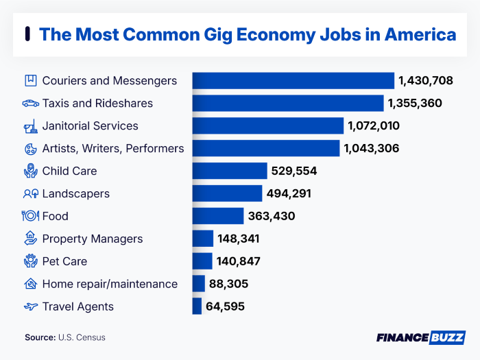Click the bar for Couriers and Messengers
[293, 81]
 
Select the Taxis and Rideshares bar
[287, 104]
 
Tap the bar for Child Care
[229, 171]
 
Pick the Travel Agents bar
[197, 307]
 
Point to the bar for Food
[217, 216]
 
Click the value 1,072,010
[374, 126]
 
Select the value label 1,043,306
[371, 148]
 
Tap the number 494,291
[289, 193]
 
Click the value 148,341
[240, 239]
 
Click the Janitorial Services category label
[90, 126]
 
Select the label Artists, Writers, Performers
[112, 148]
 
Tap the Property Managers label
[92, 239]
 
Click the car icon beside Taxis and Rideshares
[30, 104]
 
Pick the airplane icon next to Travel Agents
[30, 307]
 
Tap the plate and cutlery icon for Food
[30, 216]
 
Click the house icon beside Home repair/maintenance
[30, 284]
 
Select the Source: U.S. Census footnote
[65, 337]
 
